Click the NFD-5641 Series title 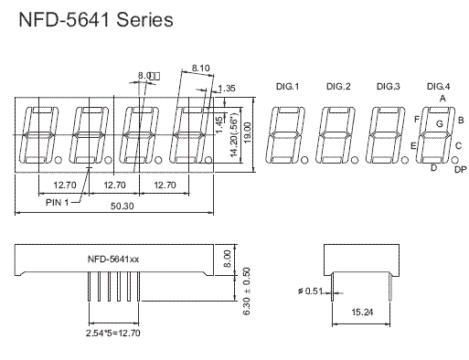click(96, 19)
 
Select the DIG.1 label click(287, 87)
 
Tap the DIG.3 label click(388, 87)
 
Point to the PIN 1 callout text click(58, 202)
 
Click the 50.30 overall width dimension click(122, 206)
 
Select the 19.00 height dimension click(247, 132)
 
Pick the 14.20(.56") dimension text click(234, 134)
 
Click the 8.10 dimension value click(201, 68)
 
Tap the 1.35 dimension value click(227, 89)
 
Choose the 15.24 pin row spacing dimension click(362, 312)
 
